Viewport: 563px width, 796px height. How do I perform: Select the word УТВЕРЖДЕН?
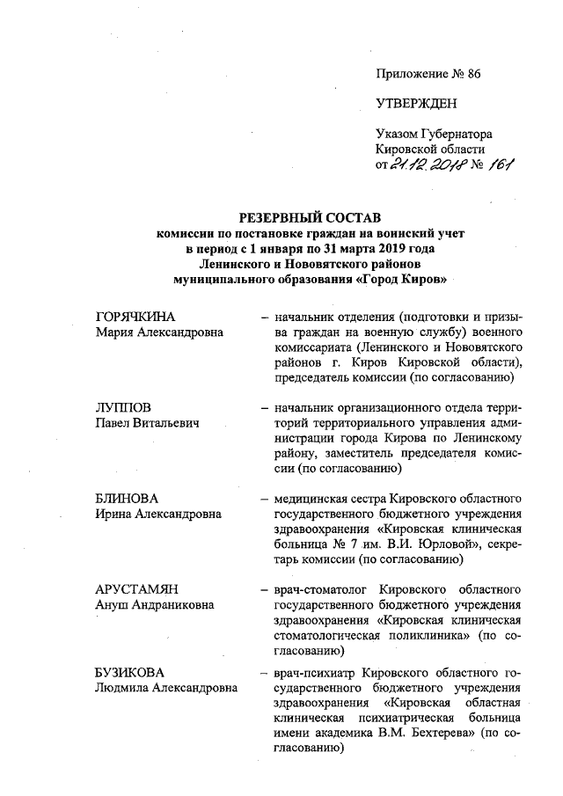click(416, 104)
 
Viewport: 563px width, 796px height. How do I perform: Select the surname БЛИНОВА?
click(127, 499)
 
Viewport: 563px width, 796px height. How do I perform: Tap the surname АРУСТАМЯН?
click(135, 590)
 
